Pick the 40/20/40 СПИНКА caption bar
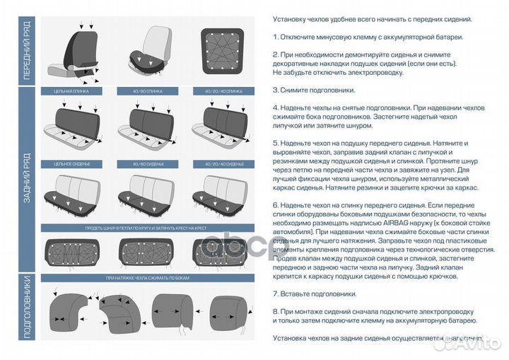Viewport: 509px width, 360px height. click(x=218, y=91)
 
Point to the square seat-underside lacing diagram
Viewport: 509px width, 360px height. click(x=218, y=54)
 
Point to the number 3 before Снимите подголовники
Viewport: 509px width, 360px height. click(x=275, y=91)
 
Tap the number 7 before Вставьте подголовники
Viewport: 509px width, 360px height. click(x=275, y=293)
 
